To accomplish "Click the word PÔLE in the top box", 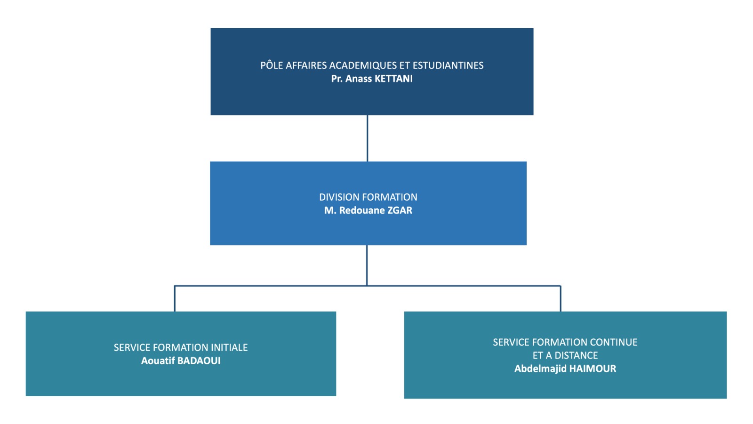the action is (272, 65).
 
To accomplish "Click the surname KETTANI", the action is (393, 79).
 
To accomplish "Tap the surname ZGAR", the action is (400, 210).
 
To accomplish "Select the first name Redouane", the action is (362, 210).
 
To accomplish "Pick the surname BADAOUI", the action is (199, 361).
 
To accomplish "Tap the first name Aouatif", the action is (158, 361).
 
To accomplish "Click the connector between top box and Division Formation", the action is (367, 139).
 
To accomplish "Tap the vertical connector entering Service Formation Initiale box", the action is (175, 299).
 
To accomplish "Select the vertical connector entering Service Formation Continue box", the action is (561, 299).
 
